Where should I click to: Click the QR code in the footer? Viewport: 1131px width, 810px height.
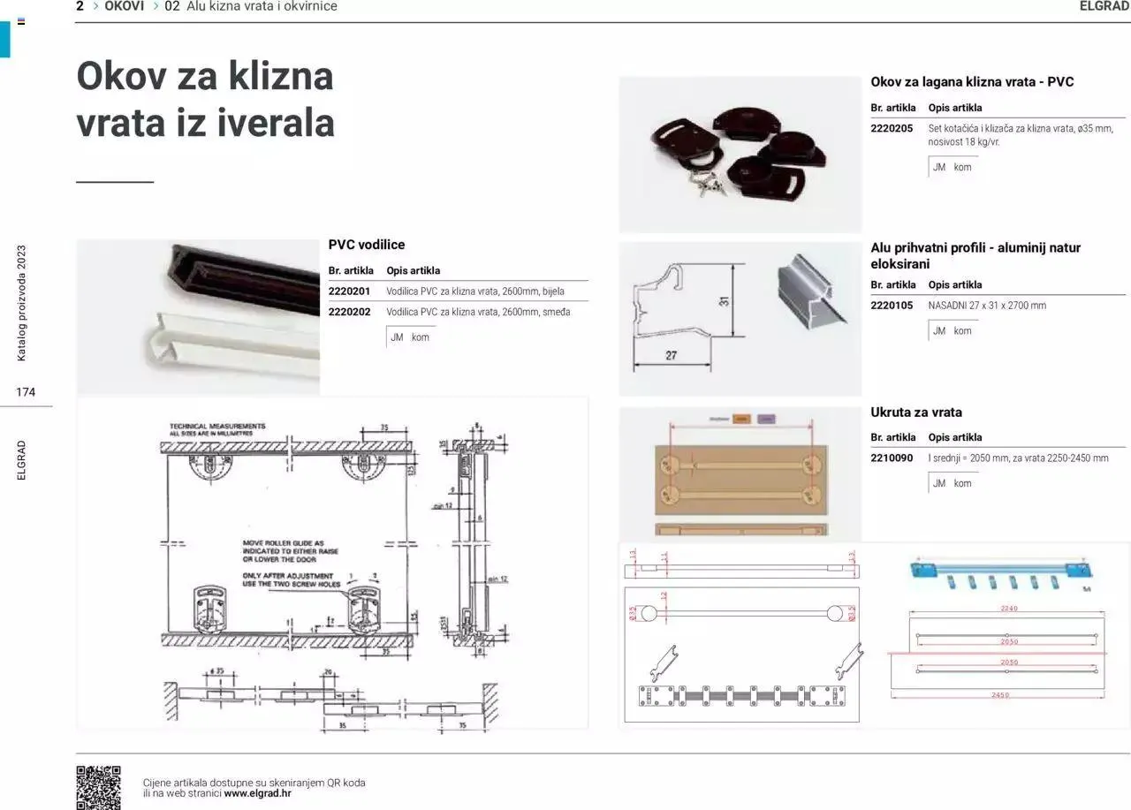(98, 787)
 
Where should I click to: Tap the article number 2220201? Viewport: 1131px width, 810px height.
(349, 291)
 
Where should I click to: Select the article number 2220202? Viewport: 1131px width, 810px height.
(349, 312)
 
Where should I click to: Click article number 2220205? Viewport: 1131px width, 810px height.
(892, 128)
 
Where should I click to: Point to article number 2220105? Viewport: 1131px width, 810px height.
(892, 306)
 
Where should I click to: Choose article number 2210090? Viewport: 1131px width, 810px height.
(892, 458)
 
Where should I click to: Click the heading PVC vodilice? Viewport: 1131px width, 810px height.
(366, 245)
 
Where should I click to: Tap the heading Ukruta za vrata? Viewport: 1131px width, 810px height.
(916, 413)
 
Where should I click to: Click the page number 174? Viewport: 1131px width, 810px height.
(26, 392)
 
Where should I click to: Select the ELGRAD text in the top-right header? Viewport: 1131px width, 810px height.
(1104, 6)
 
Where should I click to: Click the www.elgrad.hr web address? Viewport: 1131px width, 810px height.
(257, 793)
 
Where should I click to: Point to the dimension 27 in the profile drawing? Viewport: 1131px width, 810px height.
(671, 355)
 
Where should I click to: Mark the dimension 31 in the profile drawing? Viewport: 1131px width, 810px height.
(724, 300)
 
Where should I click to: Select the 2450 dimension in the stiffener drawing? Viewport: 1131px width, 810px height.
(999, 695)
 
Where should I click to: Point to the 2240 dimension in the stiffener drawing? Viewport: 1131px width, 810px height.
(1008, 609)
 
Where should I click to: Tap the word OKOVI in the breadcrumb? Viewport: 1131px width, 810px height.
(124, 6)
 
